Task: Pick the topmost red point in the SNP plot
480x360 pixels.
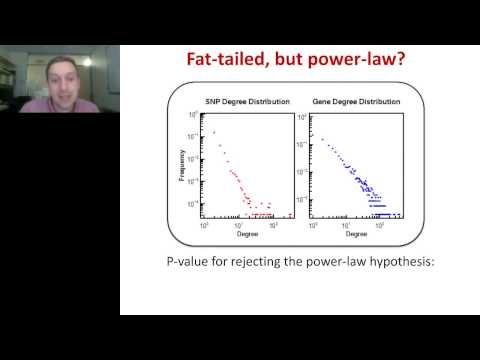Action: pyautogui.click(x=213, y=131)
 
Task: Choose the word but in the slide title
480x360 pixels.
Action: pyautogui.click(x=295, y=59)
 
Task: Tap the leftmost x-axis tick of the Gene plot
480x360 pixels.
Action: pyautogui.click(x=312, y=219)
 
